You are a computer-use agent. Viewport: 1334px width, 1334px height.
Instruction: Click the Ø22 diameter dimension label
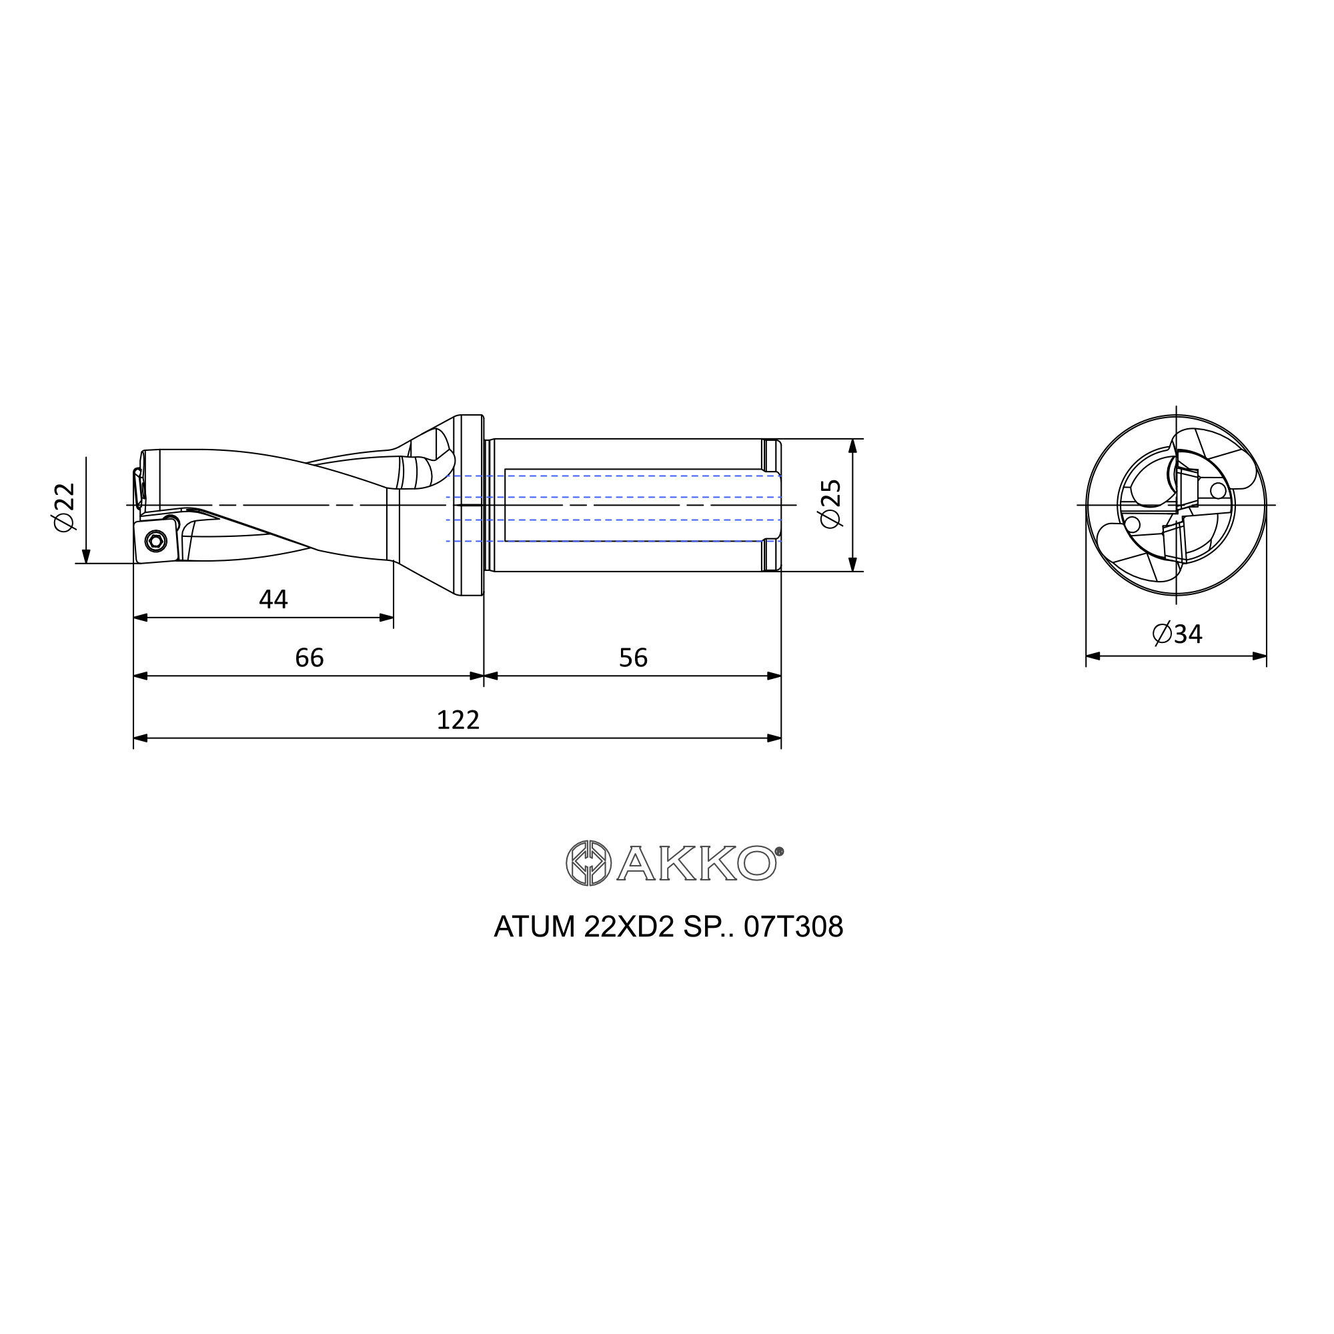pos(64,508)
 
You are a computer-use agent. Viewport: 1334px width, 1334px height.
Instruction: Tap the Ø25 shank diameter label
pos(830,504)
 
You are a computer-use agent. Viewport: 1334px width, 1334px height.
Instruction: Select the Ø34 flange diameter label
pos(1178,634)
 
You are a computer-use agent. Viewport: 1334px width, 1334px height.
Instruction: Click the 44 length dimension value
pos(273,600)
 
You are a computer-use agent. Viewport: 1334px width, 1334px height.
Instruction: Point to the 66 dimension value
pos(309,658)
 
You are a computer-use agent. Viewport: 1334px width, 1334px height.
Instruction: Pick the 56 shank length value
pos(633,658)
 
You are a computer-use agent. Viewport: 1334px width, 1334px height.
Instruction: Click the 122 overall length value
pos(458,720)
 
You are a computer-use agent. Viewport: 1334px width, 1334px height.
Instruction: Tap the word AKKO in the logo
pos(697,863)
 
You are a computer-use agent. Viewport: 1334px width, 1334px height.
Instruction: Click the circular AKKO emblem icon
pos(588,863)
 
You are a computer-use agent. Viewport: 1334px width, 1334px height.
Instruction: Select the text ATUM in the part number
pos(534,926)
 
